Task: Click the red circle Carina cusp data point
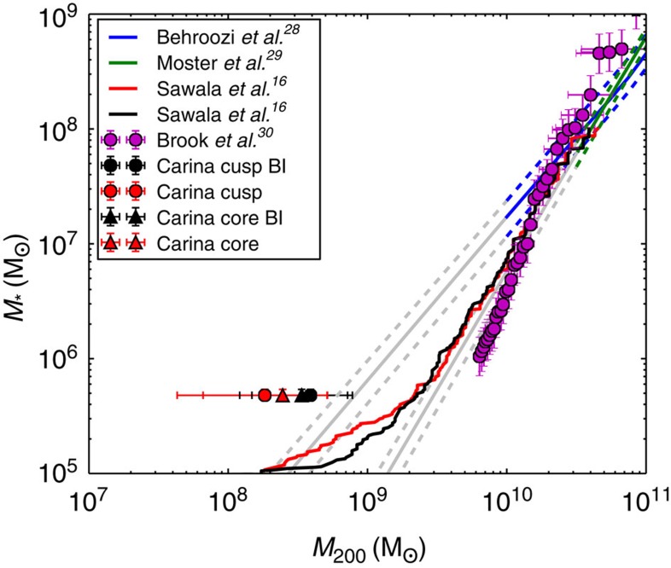(x=265, y=395)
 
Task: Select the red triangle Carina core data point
(x=283, y=395)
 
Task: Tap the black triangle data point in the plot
(x=300, y=395)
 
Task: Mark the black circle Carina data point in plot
(x=311, y=395)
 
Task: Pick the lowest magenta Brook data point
(x=479, y=356)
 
